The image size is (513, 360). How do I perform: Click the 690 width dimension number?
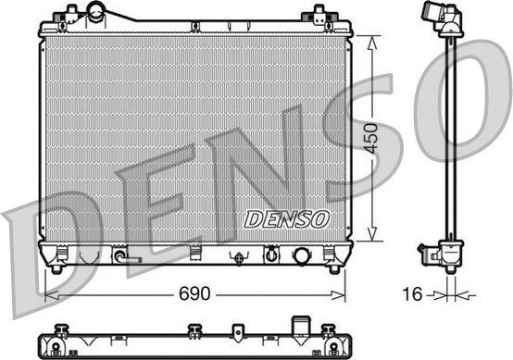coord(194,294)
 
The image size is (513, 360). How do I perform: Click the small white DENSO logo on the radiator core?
coord(286,219)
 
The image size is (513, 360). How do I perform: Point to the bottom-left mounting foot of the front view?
coord(57,268)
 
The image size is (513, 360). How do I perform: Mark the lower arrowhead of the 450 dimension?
coord(372,238)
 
